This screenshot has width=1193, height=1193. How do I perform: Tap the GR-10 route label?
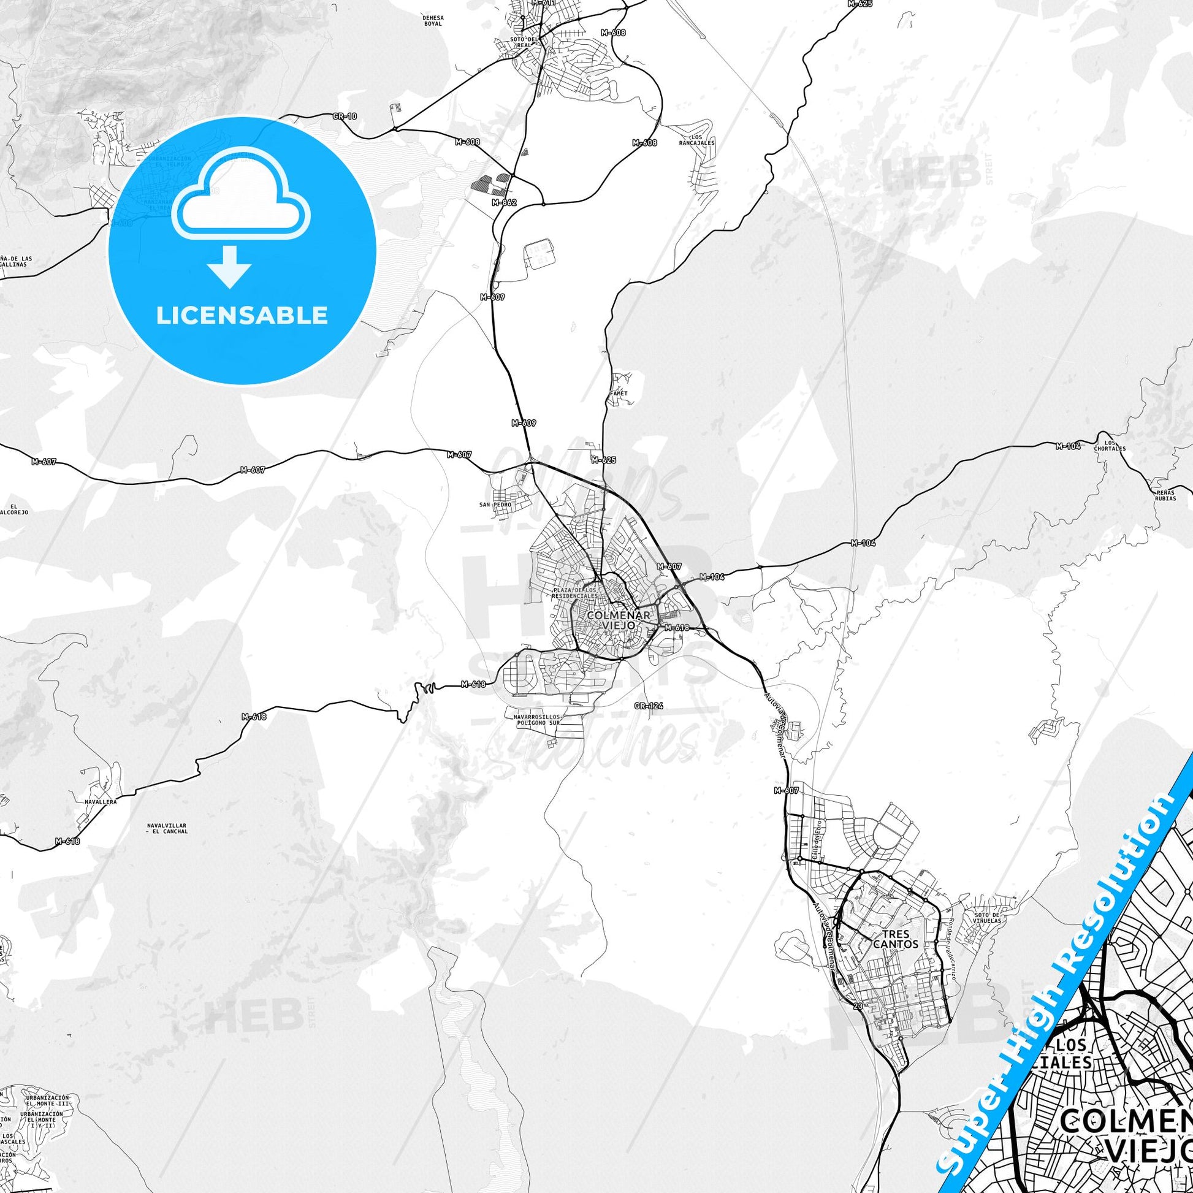point(345,116)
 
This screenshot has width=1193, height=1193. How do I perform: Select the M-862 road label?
point(504,202)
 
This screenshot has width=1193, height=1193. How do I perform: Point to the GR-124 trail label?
point(649,705)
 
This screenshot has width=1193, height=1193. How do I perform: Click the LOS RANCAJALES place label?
point(696,140)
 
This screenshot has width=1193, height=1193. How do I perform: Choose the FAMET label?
point(618,394)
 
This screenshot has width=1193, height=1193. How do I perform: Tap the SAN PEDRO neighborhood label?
point(495,505)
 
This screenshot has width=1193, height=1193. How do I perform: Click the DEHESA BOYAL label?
point(433,20)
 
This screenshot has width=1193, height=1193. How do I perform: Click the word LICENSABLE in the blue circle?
point(242,316)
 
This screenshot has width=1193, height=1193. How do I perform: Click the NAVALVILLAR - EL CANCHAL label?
point(167,828)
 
